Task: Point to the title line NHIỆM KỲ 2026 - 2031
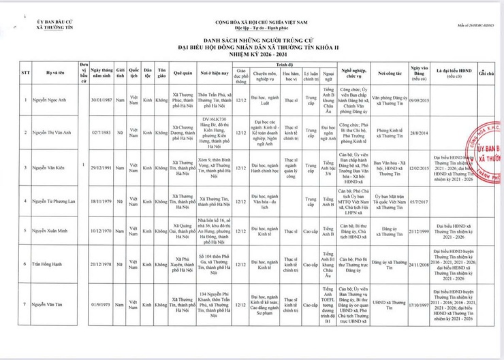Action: [x=252, y=56]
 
